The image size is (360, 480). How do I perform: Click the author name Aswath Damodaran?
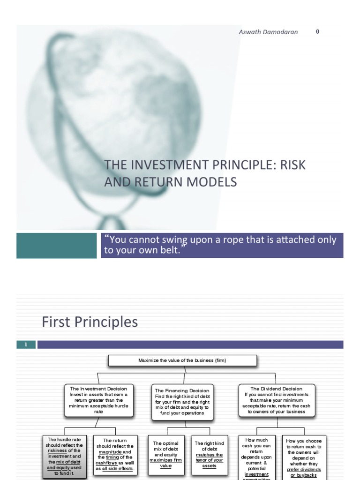[x=268, y=32]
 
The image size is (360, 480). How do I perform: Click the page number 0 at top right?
[x=317, y=31]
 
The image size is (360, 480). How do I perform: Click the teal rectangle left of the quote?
[x=56, y=245]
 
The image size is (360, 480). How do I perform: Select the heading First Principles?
[x=90, y=322]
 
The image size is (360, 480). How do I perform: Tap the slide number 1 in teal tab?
[x=26, y=345]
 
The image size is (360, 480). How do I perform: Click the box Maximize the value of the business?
[x=183, y=360]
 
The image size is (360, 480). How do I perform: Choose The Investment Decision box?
[x=99, y=400]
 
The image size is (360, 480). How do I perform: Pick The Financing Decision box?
[x=182, y=402]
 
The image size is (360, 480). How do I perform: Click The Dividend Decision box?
[x=277, y=400]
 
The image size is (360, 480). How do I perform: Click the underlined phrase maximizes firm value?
[x=166, y=463]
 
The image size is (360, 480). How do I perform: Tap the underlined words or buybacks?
[x=304, y=475]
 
